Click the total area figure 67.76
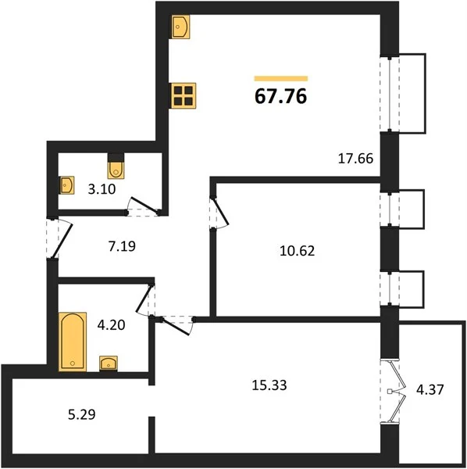[x=280, y=96]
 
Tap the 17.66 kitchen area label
[x=355, y=158]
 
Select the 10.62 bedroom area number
[x=298, y=251]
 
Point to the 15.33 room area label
[x=269, y=385]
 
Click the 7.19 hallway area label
[x=122, y=246]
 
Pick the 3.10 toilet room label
[x=102, y=189]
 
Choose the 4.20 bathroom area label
[x=111, y=325]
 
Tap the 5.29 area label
[x=82, y=414]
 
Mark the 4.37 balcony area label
[x=430, y=390]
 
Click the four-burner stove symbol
[x=184, y=95]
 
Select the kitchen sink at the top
[x=180, y=27]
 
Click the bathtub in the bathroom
[x=73, y=342]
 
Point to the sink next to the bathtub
[x=109, y=363]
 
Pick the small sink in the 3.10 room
[x=66, y=185]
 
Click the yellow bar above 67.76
[x=281, y=79]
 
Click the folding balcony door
[x=393, y=392]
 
